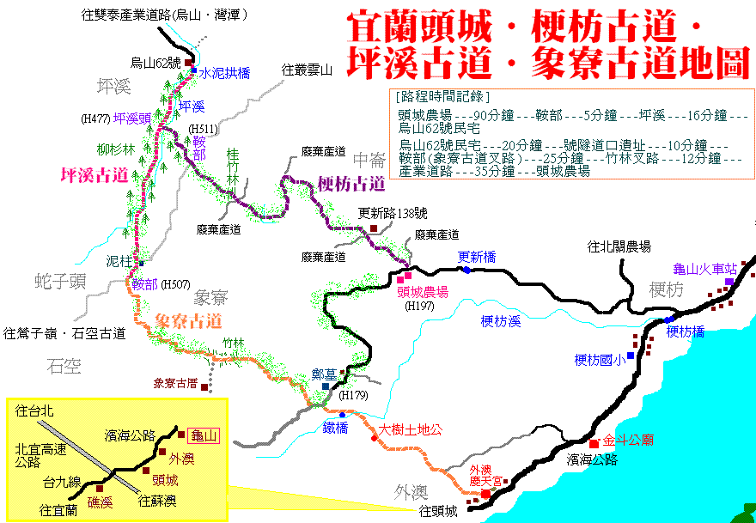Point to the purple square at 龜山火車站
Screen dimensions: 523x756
point(729,281)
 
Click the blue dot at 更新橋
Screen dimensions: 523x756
point(466,271)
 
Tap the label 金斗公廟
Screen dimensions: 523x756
point(629,440)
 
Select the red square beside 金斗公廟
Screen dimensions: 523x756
point(594,443)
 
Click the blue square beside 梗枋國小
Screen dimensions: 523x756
point(631,356)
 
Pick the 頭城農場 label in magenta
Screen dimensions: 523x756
point(422,292)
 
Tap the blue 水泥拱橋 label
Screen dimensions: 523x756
point(224,74)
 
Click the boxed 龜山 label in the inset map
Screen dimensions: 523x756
point(203,436)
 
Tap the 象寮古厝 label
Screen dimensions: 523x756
point(175,383)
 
